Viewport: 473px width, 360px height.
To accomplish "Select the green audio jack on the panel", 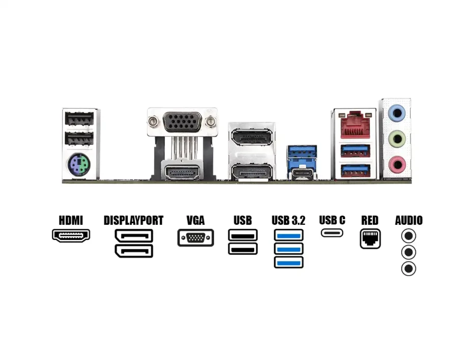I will [x=396, y=138].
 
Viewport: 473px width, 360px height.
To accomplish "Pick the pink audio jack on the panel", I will [x=396, y=164].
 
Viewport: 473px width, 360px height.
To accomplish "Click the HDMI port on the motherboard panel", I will [x=181, y=173].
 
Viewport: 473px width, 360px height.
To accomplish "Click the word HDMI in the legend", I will [x=71, y=221].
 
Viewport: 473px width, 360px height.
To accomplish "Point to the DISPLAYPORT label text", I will [x=133, y=221].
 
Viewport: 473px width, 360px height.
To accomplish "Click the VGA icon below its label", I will [x=195, y=238].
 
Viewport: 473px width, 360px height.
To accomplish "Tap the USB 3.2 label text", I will [x=288, y=221].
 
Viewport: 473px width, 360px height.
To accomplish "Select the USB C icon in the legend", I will [x=332, y=233].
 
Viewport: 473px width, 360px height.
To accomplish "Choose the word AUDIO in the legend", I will [x=408, y=221].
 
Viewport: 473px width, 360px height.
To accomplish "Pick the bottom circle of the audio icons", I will [x=408, y=268].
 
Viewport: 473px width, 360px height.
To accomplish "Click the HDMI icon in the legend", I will [x=71, y=235].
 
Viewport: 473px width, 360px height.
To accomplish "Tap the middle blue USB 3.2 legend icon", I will [x=288, y=249].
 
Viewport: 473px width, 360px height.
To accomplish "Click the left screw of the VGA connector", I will [x=152, y=122].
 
